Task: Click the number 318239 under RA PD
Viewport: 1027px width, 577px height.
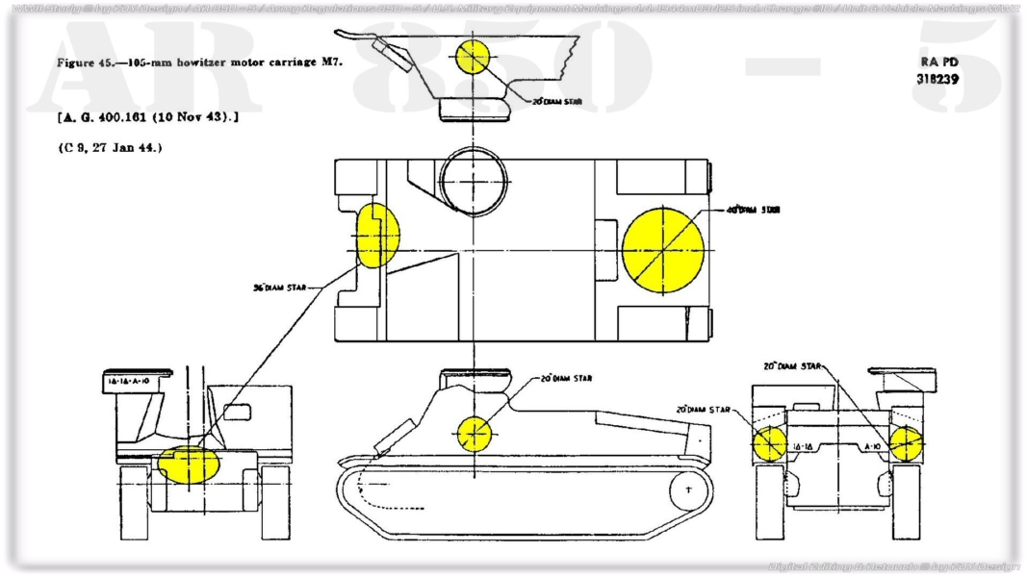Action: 937,79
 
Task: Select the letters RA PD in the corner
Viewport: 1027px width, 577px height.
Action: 937,62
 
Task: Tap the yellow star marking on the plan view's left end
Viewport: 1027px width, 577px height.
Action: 376,235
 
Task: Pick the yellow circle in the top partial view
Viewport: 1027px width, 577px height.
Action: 474,57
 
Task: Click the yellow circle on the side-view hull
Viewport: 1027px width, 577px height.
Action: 475,434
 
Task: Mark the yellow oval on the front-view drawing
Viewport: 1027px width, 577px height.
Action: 189,463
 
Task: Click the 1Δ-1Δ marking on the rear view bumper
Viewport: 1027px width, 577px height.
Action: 804,447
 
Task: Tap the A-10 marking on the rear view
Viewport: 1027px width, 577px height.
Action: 872,447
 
